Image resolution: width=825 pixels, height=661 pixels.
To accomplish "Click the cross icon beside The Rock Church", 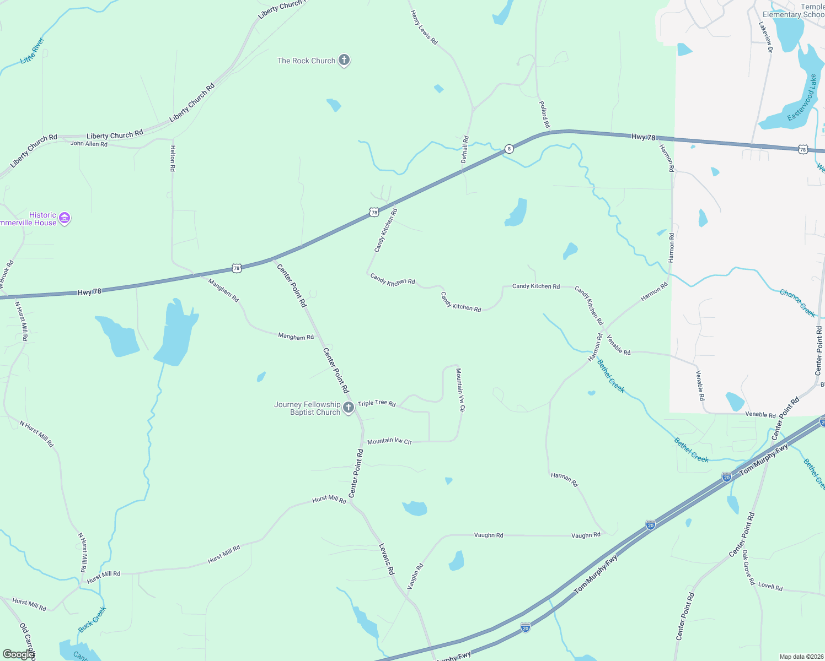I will tap(344, 60).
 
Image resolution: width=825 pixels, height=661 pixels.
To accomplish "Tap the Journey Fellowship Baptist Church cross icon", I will tap(348, 408).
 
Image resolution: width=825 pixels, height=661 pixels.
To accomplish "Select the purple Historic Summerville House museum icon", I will tap(65, 219).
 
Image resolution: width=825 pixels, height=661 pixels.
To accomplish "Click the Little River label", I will tap(32, 51).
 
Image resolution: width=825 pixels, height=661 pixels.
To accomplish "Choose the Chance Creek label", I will tap(797, 303).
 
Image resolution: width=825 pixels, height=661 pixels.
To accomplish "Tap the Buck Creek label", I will tap(92, 619).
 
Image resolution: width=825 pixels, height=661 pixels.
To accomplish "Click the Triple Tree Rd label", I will tap(377, 403).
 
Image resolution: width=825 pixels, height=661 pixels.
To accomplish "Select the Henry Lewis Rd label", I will tap(424, 27).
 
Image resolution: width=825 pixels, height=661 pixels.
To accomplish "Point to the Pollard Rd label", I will tap(544, 114).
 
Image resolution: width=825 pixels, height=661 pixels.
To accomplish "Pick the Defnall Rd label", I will tap(464, 149).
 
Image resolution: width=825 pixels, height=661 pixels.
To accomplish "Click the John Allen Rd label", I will tap(89, 144).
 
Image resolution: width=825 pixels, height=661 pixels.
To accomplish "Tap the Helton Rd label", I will tap(173, 158).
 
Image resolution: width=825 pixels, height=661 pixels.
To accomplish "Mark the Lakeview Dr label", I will tap(765, 37).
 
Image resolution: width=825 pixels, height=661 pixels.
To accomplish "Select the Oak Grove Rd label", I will tap(747, 567).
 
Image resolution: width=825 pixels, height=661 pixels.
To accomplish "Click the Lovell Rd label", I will tap(770, 587).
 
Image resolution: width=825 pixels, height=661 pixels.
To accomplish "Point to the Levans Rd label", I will tap(387, 559).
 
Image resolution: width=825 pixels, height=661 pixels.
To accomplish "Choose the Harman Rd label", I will tap(564, 479).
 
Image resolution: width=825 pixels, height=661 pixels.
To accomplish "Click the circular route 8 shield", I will tap(509, 149).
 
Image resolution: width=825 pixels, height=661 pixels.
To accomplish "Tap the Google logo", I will tap(18, 654).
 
